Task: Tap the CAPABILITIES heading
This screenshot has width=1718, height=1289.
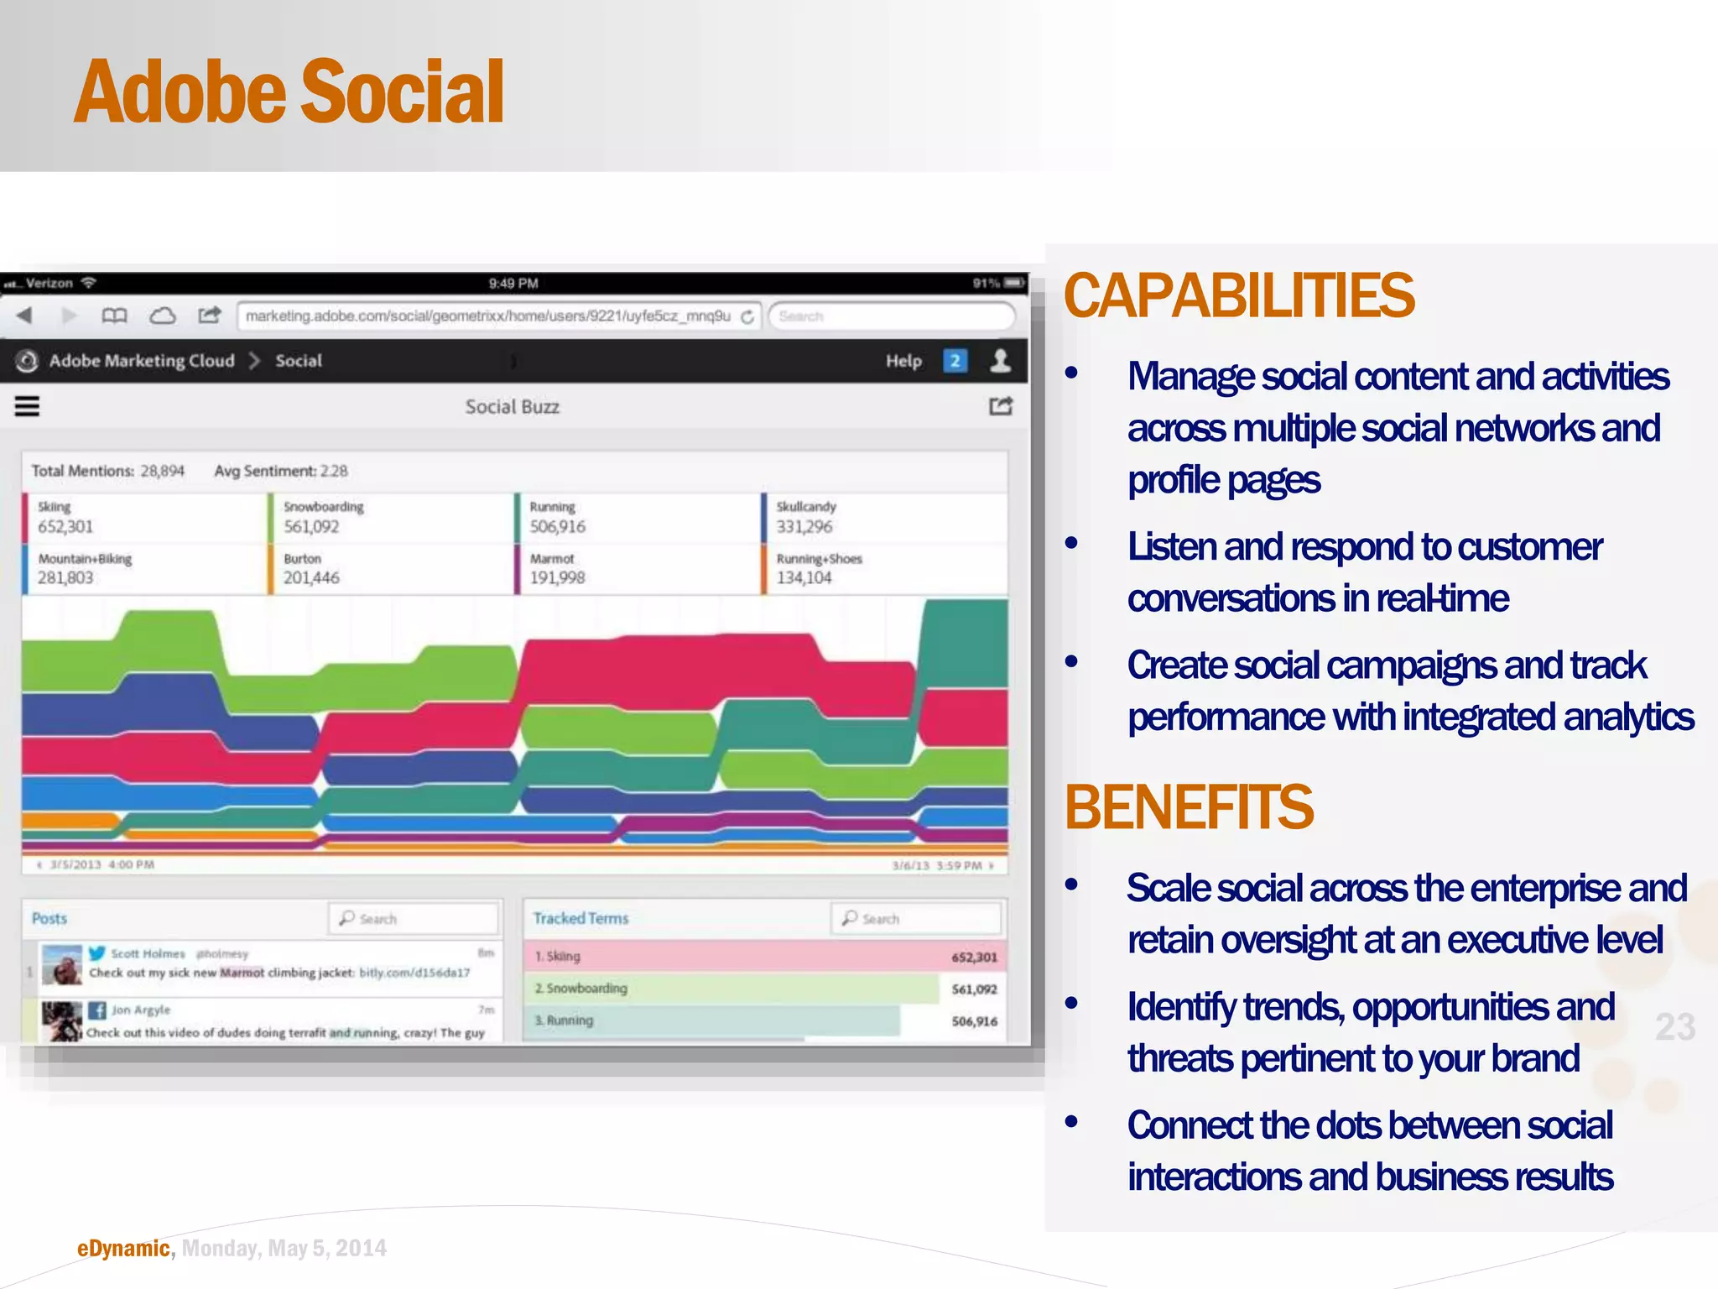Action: coord(1238,296)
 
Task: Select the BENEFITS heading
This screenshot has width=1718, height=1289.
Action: coord(1188,807)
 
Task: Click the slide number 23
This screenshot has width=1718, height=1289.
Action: coord(1674,1027)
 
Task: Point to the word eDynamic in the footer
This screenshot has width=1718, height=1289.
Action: coord(123,1249)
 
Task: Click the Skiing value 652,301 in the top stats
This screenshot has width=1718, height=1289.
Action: coord(65,527)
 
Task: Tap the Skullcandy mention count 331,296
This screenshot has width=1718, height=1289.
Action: coord(804,527)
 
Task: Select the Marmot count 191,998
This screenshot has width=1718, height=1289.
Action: coord(557,578)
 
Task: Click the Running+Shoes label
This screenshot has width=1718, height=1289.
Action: coord(819,559)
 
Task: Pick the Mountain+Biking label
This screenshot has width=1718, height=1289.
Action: coord(85,559)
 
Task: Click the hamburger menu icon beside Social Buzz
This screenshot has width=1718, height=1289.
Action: coord(28,407)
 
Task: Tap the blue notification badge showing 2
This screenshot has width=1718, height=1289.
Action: coord(955,361)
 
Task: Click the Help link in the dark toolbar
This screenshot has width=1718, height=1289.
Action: coord(903,361)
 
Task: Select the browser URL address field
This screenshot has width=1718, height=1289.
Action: coord(488,316)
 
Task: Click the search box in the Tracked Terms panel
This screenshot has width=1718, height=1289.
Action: coord(916,919)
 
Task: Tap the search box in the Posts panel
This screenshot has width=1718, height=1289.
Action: coord(414,919)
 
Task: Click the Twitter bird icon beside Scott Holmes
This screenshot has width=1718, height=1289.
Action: coord(97,953)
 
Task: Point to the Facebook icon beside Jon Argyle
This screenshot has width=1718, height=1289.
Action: coord(97,1010)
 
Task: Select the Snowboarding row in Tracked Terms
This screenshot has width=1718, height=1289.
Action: coord(730,989)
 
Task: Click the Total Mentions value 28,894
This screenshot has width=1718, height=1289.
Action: coord(162,472)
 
